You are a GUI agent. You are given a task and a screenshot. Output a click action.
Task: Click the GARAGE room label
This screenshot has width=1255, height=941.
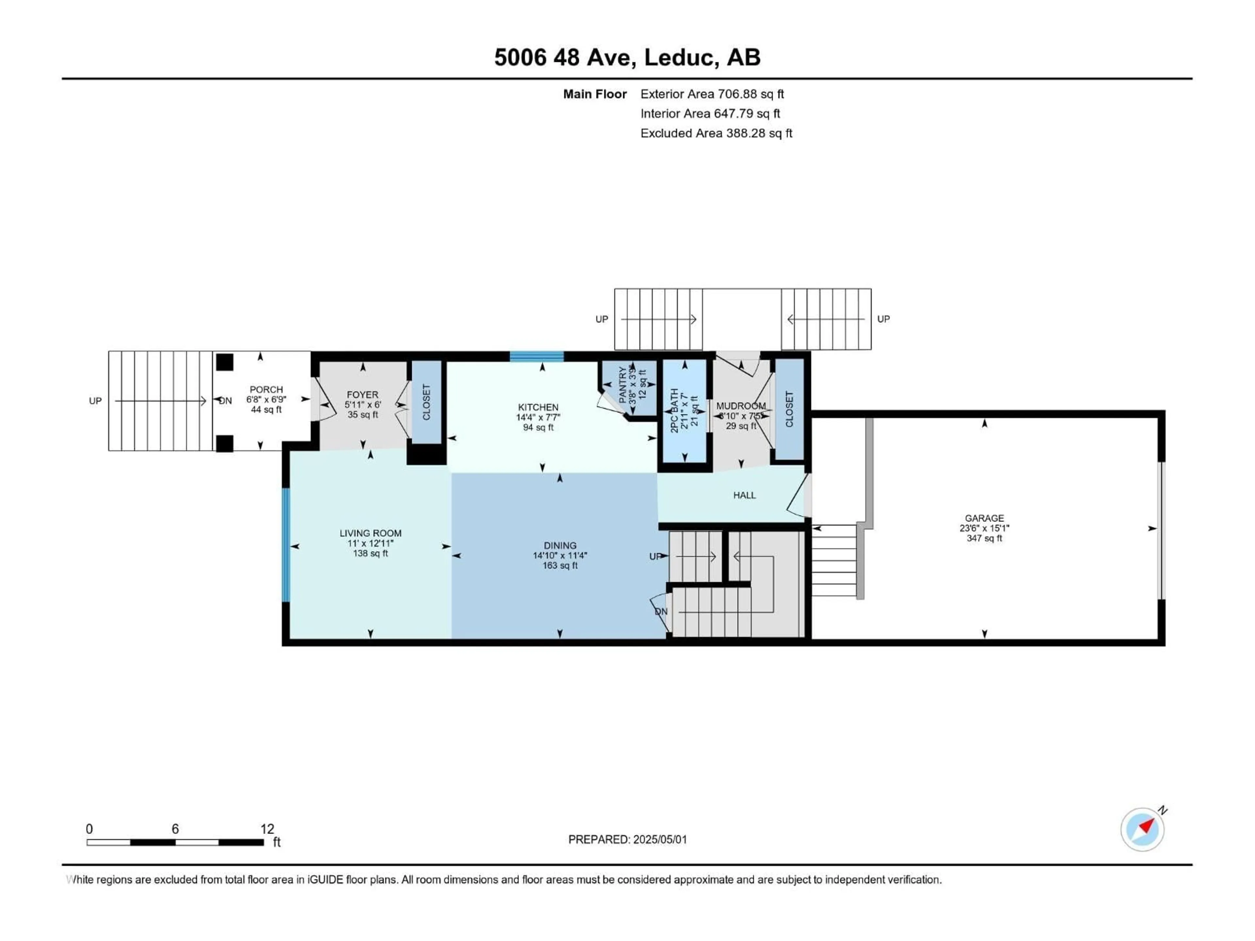[x=984, y=518]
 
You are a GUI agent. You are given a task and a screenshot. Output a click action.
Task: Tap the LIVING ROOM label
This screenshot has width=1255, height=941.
[x=371, y=533]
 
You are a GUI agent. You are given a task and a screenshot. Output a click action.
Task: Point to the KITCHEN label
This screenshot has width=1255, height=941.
[x=538, y=407]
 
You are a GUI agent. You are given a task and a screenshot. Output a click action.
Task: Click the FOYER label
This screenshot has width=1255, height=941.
[x=362, y=395]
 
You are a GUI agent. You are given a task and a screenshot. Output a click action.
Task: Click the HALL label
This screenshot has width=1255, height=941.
[x=745, y=495]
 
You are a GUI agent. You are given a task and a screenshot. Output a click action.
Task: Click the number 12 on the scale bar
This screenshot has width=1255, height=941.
[x=267, y=829]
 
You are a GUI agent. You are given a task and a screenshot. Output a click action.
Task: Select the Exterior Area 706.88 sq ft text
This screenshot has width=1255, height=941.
[x=712, y=94]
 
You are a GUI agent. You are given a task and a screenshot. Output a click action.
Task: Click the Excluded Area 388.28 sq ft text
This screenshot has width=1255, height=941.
[x=716, y=133]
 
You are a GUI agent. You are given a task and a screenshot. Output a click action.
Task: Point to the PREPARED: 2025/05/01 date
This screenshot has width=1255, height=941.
[x=627, y=839]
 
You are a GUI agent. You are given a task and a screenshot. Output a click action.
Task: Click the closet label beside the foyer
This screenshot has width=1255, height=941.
[x=427, y=402]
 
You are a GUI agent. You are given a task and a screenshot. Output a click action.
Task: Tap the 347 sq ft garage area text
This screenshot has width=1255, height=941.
[x=984, y=538]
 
